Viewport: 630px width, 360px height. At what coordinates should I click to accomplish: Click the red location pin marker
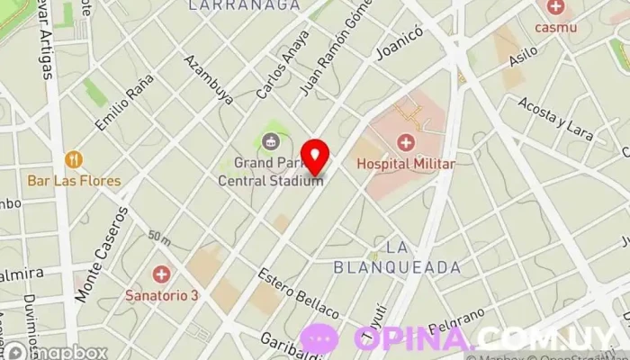[x=315, y=157]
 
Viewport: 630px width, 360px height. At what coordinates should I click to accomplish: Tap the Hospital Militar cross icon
[x=406, y=143]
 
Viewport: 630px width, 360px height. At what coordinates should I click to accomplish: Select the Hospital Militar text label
[x=406, y=164]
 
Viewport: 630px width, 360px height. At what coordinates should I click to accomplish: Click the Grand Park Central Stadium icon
[x=271, y=140]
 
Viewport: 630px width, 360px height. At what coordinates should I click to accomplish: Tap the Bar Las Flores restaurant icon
[x=74, y=160]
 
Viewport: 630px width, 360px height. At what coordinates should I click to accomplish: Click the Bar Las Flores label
[x=74, y=181]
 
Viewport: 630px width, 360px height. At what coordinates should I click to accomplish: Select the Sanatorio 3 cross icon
[x=161, y=273]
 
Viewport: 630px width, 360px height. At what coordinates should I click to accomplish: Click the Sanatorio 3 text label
[x=161, y=293]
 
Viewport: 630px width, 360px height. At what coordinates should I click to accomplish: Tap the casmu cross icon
[x=555, y=8]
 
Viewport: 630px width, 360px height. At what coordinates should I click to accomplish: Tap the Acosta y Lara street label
[x=557, y=121]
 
